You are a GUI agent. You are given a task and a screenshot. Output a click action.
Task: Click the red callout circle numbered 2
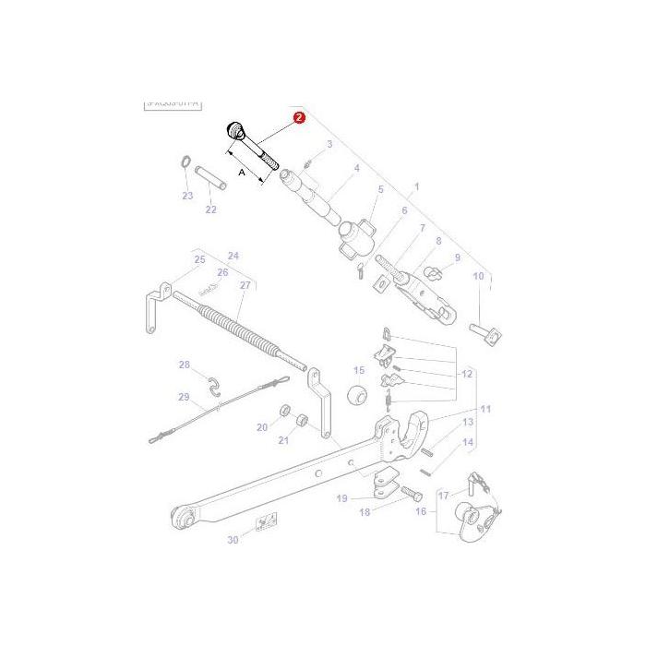tap(298, 118)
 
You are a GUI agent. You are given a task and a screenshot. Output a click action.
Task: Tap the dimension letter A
tap(242, 172)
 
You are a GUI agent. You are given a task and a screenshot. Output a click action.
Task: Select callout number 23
tap(187, 196)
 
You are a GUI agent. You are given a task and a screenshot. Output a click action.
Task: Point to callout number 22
tap(210, 209)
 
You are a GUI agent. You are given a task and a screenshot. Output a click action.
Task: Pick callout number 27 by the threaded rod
tap(245, 285)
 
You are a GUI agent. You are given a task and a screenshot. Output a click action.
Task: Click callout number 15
tap(359, 371)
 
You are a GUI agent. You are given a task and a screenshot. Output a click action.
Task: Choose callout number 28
tap(185, 365)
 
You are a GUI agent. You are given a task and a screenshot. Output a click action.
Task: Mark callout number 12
tap(467, 374)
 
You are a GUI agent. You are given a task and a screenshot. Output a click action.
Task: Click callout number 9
tap(456, 257)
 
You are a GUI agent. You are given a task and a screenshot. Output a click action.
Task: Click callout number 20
tap(262, 427)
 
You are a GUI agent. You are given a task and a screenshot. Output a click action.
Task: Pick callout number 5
tap(379, 189)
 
